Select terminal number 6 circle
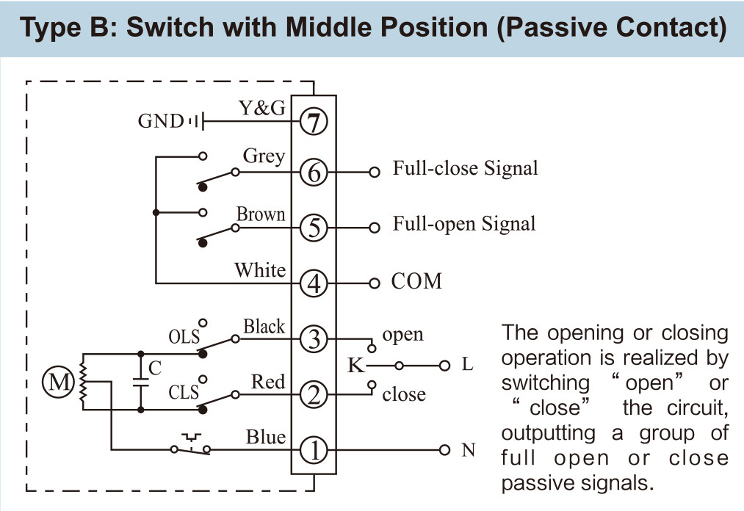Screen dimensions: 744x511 (x=314, y=172)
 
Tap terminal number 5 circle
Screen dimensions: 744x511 (x=314, y=228)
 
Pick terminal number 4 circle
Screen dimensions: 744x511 (x=314, y=283)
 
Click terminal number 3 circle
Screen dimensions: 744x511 (x=314, y=339)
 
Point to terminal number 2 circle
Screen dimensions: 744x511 (x=314, y=395)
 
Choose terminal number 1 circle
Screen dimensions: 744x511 (x=314, y=450)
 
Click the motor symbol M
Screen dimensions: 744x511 (x=58, y=382)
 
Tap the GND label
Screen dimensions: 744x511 (x=160, y=121)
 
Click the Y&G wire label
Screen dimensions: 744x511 (x=262, y=108)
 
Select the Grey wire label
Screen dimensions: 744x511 (x=264, y=156)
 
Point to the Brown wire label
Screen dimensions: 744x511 (x=261, y=214)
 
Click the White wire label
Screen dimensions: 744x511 (x=260, y=270)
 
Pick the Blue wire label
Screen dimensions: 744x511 (x=266, y=437)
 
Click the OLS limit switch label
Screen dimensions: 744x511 (x=184, y=337)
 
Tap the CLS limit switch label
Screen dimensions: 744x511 (x=184, y=392)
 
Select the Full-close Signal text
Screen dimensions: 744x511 (x=466, y=168)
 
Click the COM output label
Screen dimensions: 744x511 (x=416, y=281)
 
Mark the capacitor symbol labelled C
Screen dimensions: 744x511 (x=141, y=382)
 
